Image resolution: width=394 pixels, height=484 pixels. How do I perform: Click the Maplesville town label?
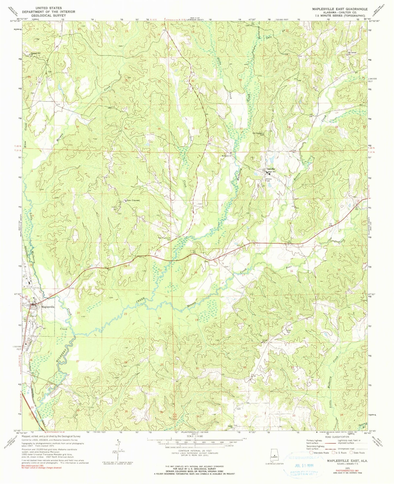point(48,307)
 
